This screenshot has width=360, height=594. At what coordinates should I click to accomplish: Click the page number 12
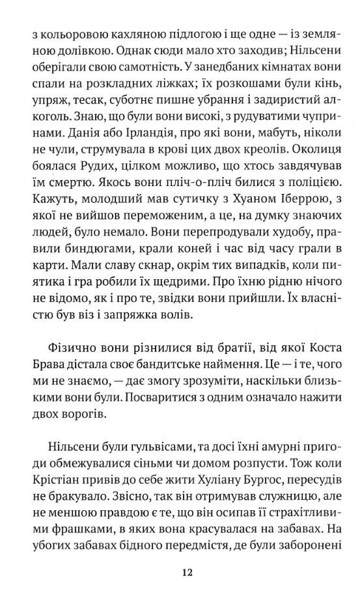coord(187,573)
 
